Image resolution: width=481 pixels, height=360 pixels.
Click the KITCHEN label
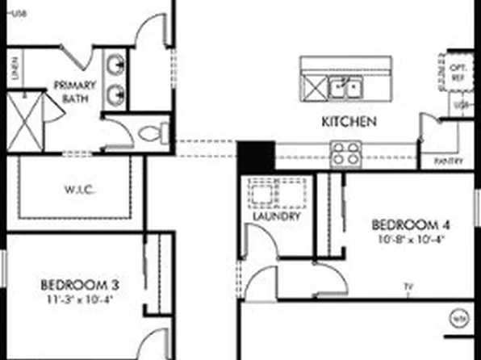349,122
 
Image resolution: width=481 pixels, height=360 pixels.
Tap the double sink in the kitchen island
349,86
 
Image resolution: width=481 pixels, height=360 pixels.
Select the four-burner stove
346,153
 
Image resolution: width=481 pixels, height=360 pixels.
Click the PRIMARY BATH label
75,91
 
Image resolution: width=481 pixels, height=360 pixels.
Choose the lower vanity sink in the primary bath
115,94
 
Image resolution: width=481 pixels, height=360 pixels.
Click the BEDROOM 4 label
410,224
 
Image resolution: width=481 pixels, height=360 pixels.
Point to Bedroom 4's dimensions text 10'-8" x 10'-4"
410,239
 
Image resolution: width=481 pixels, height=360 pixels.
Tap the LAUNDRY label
277,216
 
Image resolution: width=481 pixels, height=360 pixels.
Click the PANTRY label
448,161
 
